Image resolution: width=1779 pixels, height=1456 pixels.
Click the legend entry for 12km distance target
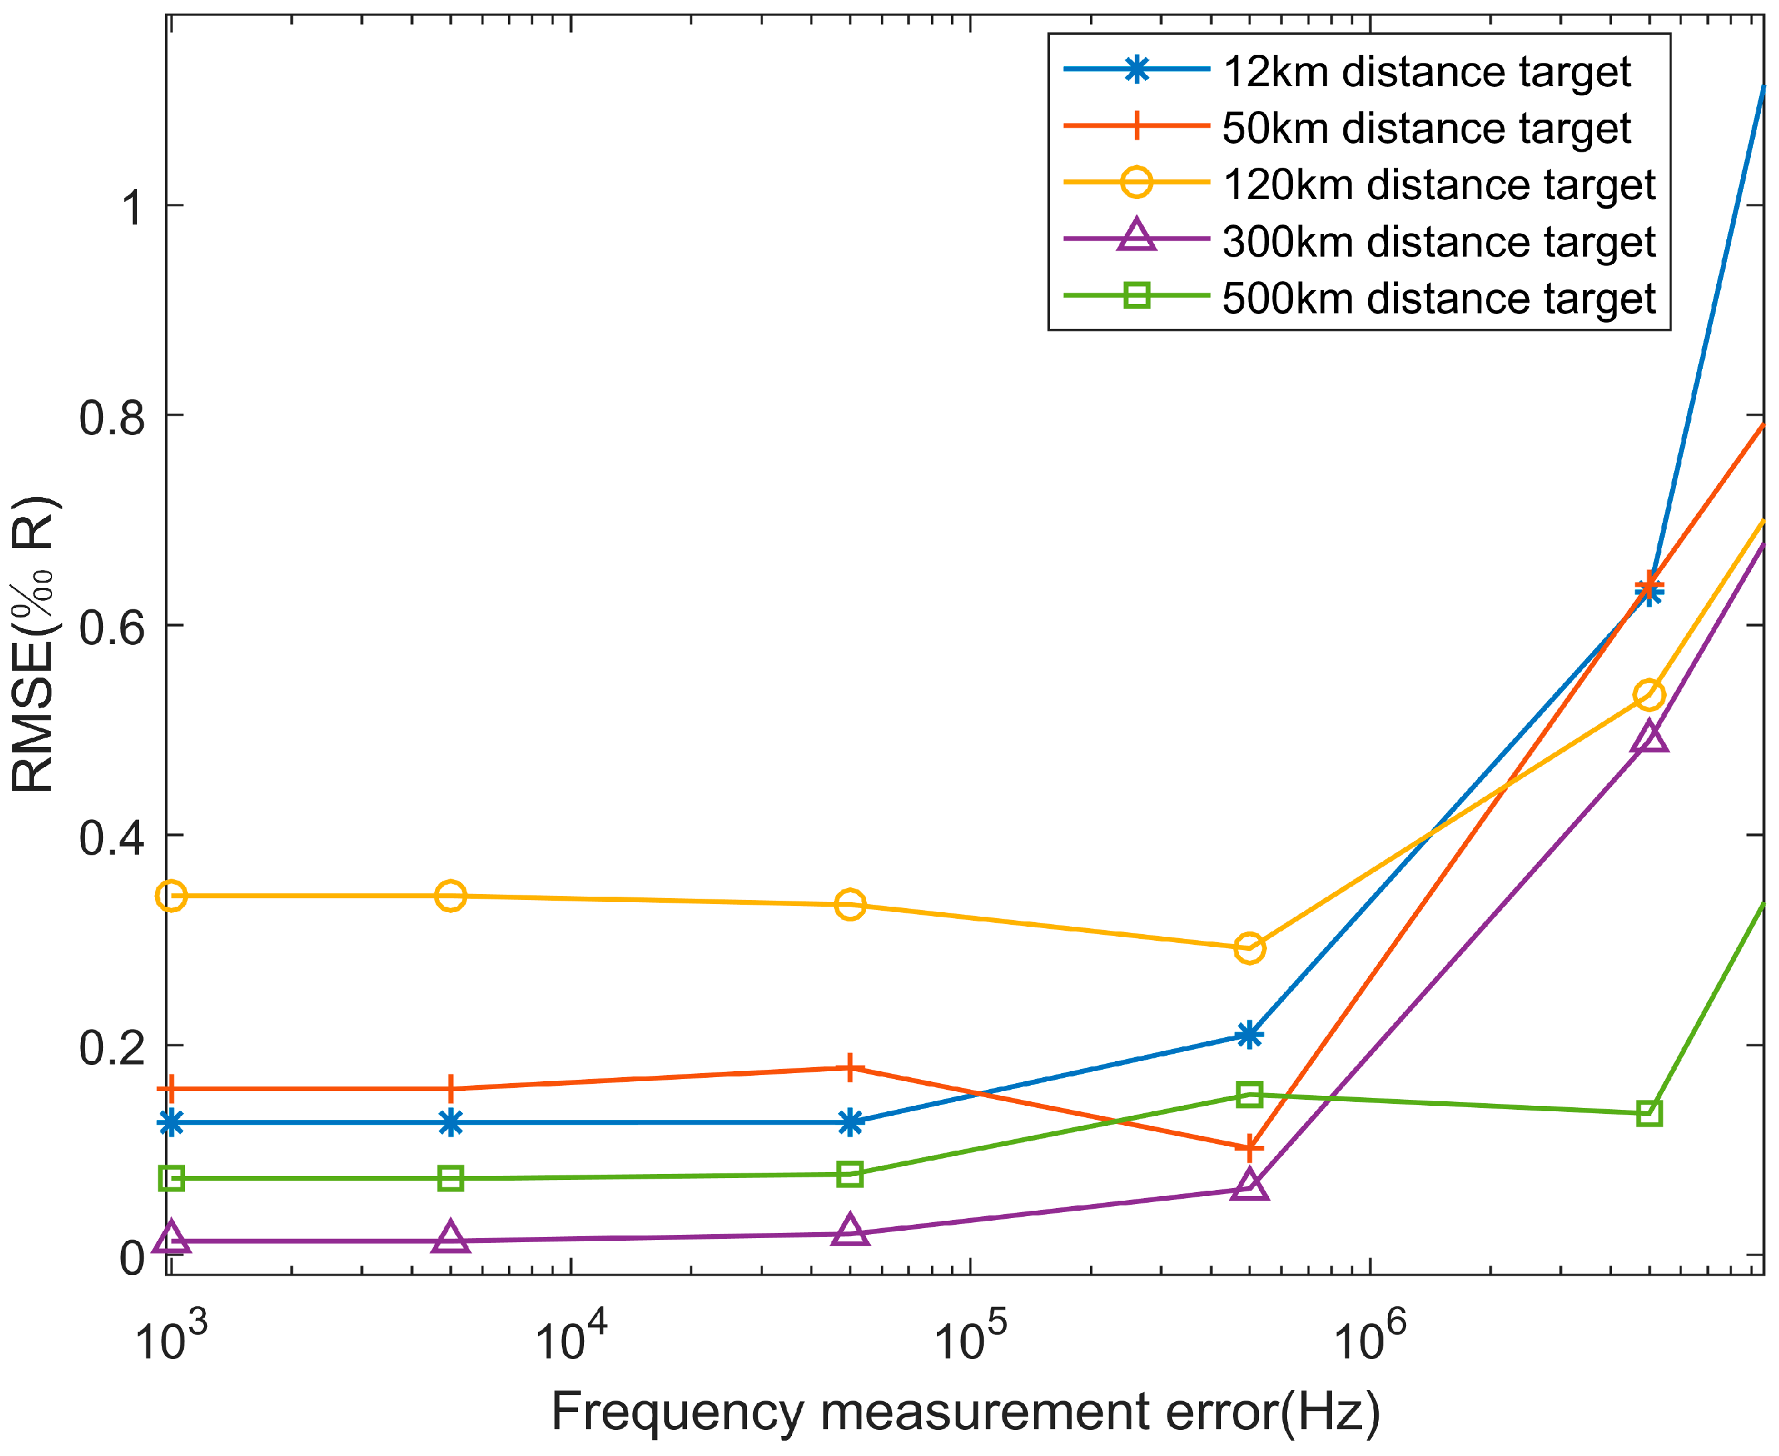(x=1426, y=72)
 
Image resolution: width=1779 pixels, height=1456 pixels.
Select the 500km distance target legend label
(x=1438, y=299)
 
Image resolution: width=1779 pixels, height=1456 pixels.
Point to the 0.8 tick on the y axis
(x=112, y=418)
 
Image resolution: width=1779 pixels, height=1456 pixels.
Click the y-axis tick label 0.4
(x=112, y=838)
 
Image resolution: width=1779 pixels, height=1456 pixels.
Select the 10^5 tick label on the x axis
(x=971, y=1340)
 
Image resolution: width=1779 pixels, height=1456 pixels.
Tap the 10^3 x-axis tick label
(x=171, y=1340)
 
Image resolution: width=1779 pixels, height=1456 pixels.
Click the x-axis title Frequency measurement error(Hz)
(x=964, y=1413)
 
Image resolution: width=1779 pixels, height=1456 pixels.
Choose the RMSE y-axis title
(x=33, y=645)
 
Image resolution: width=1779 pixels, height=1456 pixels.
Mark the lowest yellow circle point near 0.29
(x=1249, y=949)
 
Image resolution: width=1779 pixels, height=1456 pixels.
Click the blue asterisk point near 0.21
(x=1249, y=1035)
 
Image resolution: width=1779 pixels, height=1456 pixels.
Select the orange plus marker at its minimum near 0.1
(x=1249, y=1147)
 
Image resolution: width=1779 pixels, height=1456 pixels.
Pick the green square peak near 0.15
(x=1249, y=1095)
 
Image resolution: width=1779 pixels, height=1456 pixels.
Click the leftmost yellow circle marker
(x=171, y=896)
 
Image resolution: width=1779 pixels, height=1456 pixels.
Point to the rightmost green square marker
(x=1649, y=1114)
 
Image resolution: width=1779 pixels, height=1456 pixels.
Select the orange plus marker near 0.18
(x=849, y=1068)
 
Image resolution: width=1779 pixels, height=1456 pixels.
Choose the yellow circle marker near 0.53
(x=1649, y=696)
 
